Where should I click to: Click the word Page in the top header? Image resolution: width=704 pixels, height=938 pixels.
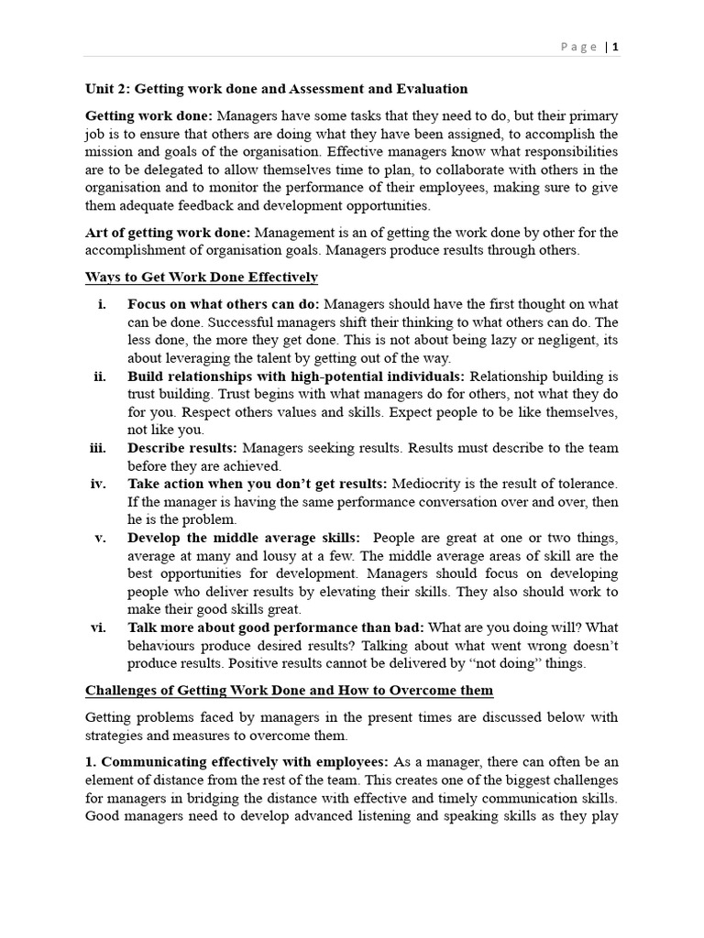pyautogui.click(x=580, y=47)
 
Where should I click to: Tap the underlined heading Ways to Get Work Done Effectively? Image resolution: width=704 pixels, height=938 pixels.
pyautogui.click(x=202, y=277)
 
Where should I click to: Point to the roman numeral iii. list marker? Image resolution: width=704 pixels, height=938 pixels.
pyautogui.click(x=96, y=448)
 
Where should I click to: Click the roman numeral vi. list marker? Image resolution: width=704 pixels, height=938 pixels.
pyautogui.click(x=97, y=627)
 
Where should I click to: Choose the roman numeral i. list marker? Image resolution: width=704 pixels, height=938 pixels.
pyautogui.click(x=102, y=304)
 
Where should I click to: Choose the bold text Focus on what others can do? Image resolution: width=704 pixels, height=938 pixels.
pyautogui.click(x=225, y=304)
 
